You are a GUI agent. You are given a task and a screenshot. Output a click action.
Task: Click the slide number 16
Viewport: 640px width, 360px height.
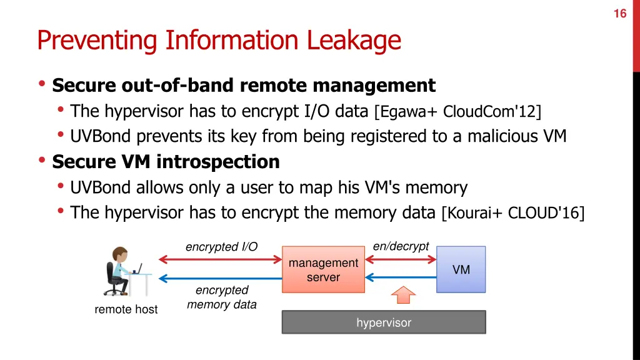pyautogui.click(x=619, y=13)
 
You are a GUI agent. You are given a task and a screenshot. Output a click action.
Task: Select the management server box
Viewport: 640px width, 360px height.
pyautogui.click(x=323, y=269)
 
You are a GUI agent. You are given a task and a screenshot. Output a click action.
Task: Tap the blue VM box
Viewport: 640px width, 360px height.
pyautogui.click(x=461, y=269)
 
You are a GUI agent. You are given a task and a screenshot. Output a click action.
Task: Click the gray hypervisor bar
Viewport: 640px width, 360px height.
pyautogui.click(x=384, y=322)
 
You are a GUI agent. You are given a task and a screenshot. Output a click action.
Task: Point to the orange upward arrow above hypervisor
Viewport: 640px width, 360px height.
pyautogui.click(x=404, y=294)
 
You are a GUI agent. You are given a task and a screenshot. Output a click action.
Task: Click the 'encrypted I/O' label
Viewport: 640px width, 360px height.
pyautogui.click(x=221, y=247)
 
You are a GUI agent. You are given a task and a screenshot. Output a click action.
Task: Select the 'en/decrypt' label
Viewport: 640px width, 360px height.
pyautogui.click(x=401, y=246)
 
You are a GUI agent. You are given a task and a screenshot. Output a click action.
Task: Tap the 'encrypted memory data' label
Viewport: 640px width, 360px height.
pyautogui.click(x=222, y=297)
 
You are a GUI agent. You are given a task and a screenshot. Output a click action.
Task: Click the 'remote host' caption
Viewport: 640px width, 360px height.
pyautogui.click(x=126, y=309)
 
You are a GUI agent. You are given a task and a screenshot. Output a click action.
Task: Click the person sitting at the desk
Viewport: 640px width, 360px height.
pyautogui.click(x=119, y=271)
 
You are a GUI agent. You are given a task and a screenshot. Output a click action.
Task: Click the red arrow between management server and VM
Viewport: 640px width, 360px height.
pyautogui.click(x=400, y=259)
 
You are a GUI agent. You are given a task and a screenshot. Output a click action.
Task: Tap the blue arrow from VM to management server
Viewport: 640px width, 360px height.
pyautogui.click(x=400, y=277)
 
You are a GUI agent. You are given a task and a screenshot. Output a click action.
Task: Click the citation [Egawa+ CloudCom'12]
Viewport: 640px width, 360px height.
pyautogui.click(x=457, y=112)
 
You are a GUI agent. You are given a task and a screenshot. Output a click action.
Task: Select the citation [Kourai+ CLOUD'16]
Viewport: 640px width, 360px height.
pyautogui.click(x=512, y=213)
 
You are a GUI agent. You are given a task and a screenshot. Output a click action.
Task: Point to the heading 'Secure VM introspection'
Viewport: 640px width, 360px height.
pyautogui.click(x=166, y=162)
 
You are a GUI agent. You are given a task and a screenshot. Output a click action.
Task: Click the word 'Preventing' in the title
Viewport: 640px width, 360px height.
pyautogui.click(x=97, y=41)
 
